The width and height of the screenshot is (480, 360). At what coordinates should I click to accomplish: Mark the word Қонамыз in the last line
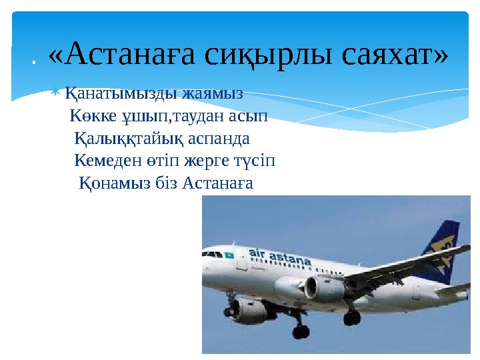click(109, 183)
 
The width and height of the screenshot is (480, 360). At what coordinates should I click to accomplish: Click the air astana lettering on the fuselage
click(280, 254)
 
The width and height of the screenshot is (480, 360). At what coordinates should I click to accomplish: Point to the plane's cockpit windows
click(212, 252)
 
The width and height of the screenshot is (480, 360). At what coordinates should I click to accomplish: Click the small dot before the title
click(33, 64)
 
